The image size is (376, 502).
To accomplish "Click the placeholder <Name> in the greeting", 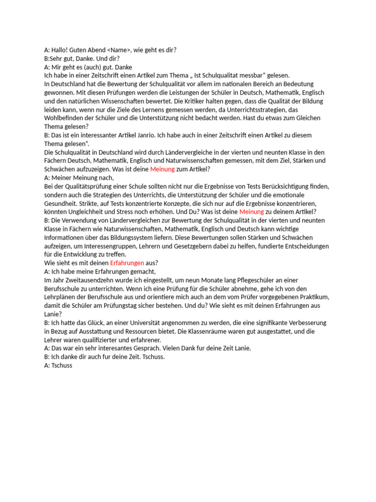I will point(119,50).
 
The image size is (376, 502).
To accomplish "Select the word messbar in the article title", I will point(249,75).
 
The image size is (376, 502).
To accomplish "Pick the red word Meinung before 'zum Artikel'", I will point(162,169).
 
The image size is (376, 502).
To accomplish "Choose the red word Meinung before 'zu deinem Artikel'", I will point(251,212).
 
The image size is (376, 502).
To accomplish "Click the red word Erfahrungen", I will point(127,263).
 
